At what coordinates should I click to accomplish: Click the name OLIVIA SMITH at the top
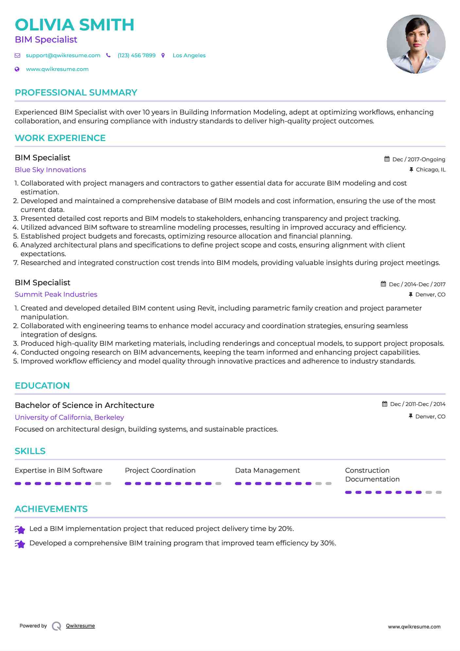click(75, 25)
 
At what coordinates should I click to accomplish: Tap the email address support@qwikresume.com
click(63, 55)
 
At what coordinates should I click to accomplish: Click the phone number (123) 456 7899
click(136, 55)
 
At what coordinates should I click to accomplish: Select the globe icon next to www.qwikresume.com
click(17, 69)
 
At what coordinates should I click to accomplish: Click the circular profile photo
click(416, 44)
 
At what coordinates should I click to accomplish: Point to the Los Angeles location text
click(189, 55)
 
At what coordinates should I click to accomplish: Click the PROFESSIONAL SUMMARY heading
click(76, 93)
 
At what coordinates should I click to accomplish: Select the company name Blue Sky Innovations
click(50, 170)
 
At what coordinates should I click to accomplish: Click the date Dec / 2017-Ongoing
click(418, 159)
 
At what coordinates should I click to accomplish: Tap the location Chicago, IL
click(430, 169)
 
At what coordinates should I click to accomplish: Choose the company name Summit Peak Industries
click(56, 294)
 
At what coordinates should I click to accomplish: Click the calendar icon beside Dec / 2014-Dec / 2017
click(383, 284)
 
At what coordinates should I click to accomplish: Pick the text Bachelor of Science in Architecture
click(84, 405)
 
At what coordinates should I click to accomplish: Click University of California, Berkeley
click(69, 417)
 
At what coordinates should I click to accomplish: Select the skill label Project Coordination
click(160, 470)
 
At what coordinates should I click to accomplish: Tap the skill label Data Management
click(267, 470)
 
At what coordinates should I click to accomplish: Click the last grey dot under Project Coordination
click(218, 484)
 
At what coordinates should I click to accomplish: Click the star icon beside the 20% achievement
click(20, 530)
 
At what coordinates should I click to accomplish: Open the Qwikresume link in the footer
click(80, 626)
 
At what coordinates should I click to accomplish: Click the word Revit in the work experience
click(206, 308)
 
